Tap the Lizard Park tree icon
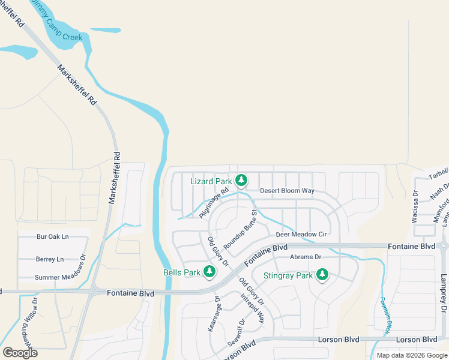point(241,180)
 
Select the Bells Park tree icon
point(209,272)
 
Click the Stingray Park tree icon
point(322,275)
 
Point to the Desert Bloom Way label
point(287,191)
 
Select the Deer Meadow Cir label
point(301,235)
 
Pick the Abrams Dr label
point(306,257)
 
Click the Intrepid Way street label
point(253,308)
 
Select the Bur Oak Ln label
point(53,237)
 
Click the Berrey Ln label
point(50,259)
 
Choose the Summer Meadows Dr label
point(60,277)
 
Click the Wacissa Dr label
point(415,207)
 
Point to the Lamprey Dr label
point(443,293)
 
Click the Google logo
point(20,352)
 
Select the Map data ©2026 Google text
point(412,355)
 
